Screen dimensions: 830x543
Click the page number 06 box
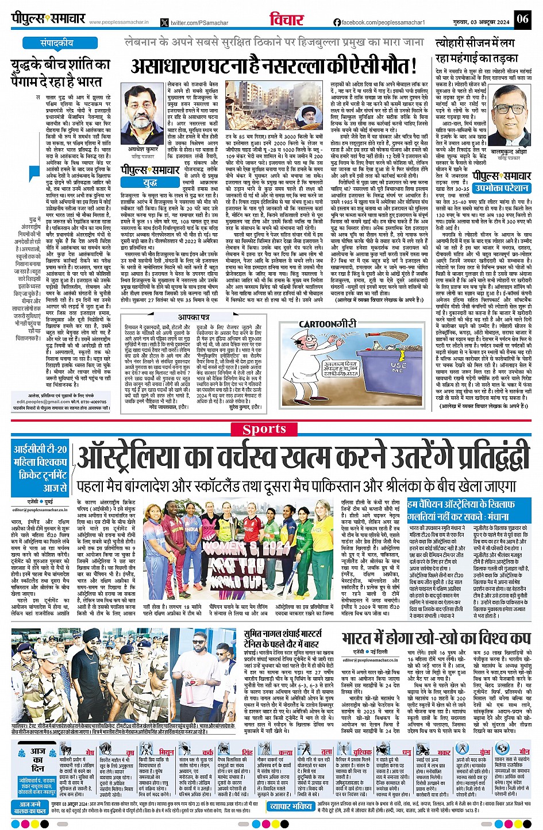pyautogui.click(x=522, y=19)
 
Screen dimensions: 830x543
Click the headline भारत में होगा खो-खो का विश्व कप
pyautogui.click(x=436, y=638)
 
